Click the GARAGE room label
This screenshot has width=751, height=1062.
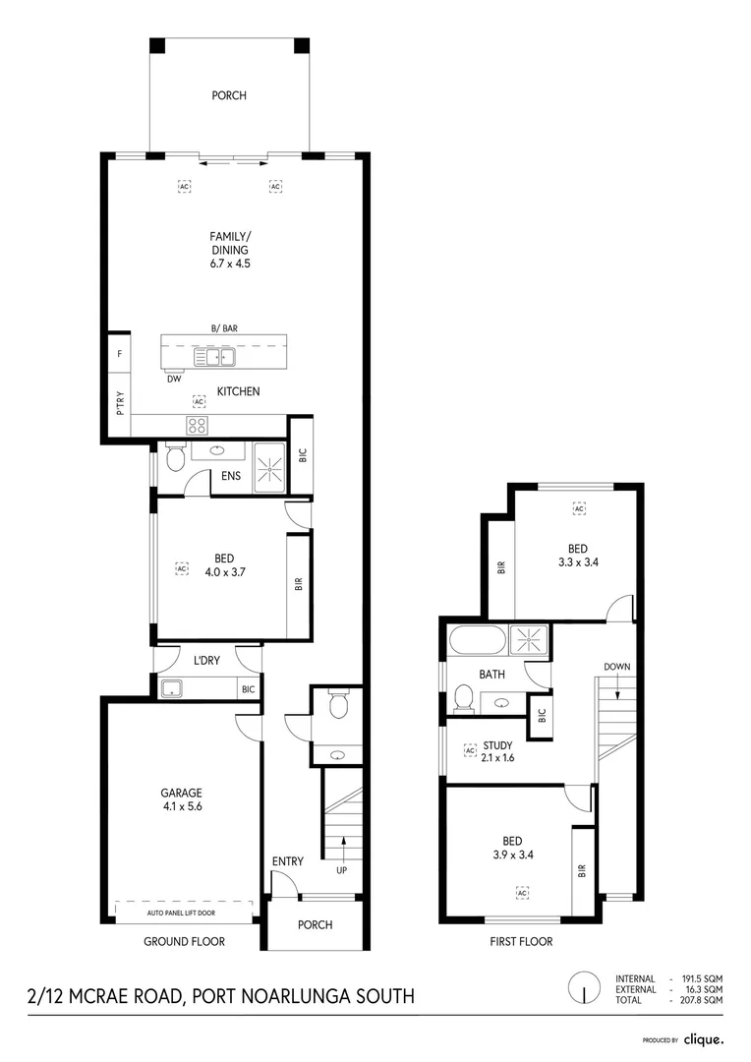coord(182,793)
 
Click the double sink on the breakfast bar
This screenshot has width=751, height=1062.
coord(213,357)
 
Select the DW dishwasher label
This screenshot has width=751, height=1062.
coord(173,378)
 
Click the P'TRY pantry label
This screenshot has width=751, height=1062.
coord(119,403)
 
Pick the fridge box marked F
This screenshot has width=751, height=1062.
coord(119,352)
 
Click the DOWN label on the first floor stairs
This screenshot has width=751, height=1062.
coord(617,667)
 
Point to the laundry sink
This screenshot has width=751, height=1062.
coord(171,687)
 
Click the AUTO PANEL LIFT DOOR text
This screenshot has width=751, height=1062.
coord(182,914)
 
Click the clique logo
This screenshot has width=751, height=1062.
coord(703,1038)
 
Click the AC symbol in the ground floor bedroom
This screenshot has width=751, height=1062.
coord(181,568)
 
